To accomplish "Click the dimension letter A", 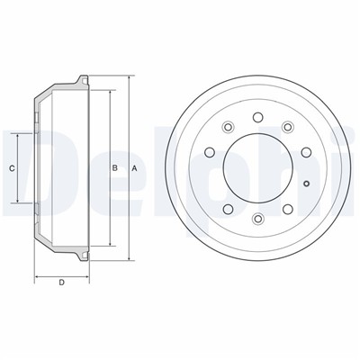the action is point(135,168).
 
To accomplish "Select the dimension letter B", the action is point(114,168).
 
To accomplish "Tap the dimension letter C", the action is point(12,168).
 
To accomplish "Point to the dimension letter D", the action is point(61,283).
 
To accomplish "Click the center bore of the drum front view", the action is point(257,168).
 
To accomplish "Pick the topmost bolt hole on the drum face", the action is point(257,117).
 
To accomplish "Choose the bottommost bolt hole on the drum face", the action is point(257,219).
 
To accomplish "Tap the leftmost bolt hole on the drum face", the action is point(210,152).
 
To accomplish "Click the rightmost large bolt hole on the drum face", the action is point(306,152).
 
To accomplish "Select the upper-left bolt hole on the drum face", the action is point(229,127).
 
